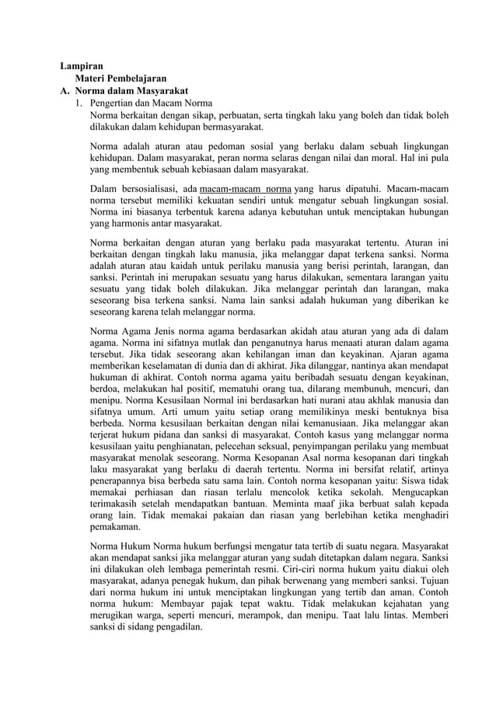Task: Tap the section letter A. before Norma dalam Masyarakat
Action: coord(67,90)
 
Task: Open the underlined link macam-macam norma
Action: coord(246,189)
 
